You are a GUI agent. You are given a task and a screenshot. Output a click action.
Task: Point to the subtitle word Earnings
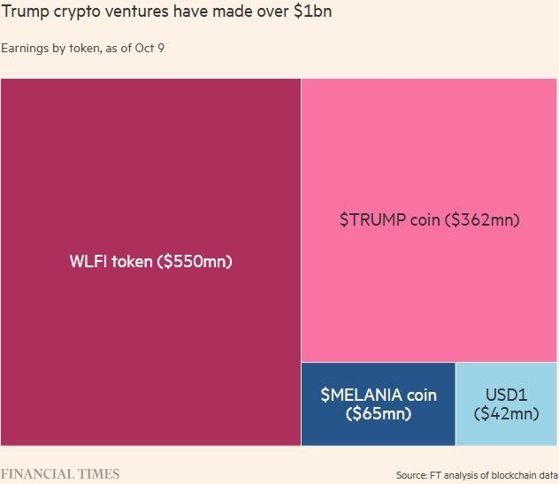coord(25,48)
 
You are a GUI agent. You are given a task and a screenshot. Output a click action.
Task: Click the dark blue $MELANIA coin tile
coord(378,429)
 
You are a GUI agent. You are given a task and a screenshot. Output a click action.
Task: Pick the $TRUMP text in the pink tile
coord(372,220)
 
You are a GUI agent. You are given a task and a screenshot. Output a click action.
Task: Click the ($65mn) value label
coord(378,413)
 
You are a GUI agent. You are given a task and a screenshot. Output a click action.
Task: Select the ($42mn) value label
coord(506,413)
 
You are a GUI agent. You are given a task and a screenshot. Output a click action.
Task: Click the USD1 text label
coord(506,395)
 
